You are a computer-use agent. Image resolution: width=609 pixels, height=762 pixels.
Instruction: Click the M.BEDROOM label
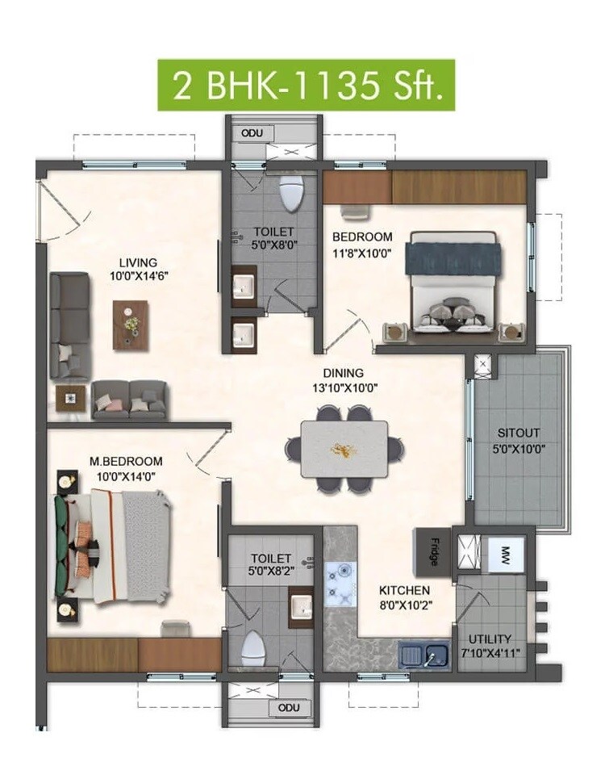tap(126, 461)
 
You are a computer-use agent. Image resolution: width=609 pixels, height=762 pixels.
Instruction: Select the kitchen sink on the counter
tap(424, 654)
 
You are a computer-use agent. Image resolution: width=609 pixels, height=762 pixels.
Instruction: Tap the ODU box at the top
tap(252, 132)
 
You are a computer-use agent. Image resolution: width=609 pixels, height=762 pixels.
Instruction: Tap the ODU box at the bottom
tap(288, 708)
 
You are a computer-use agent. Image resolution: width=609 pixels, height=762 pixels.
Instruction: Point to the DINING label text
tap(344, 373)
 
